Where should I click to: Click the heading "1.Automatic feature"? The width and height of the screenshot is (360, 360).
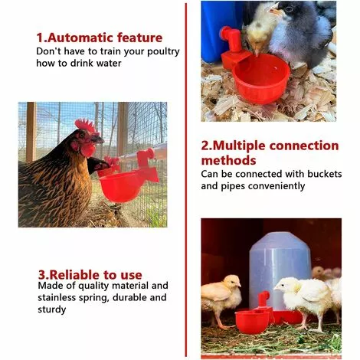coord(100,38)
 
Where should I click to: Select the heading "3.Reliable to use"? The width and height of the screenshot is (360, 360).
coord(90,274)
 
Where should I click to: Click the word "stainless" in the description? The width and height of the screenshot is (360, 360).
coord(61,297)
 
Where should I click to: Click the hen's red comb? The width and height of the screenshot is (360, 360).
coord(85,126)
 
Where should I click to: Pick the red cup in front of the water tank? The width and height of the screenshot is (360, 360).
coord(254,319)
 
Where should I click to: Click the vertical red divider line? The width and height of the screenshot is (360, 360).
coord(185,180)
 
